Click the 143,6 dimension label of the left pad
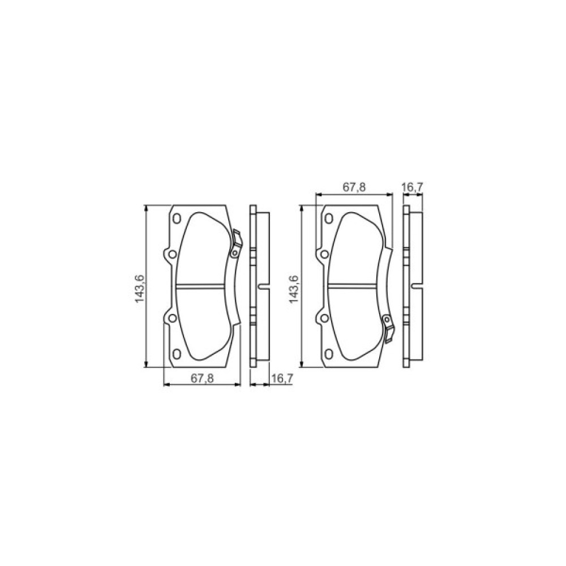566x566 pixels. (140, 289)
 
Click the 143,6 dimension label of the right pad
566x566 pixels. (294, 289)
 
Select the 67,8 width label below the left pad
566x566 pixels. (202, 378)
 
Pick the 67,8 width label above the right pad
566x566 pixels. (354, 187)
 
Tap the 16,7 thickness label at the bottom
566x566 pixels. (282, 378)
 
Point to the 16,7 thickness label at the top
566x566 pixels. (412, 187)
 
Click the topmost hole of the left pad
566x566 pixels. (177, 218)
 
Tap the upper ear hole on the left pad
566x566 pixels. (173, 255)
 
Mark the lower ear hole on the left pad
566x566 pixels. (173, 318)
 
